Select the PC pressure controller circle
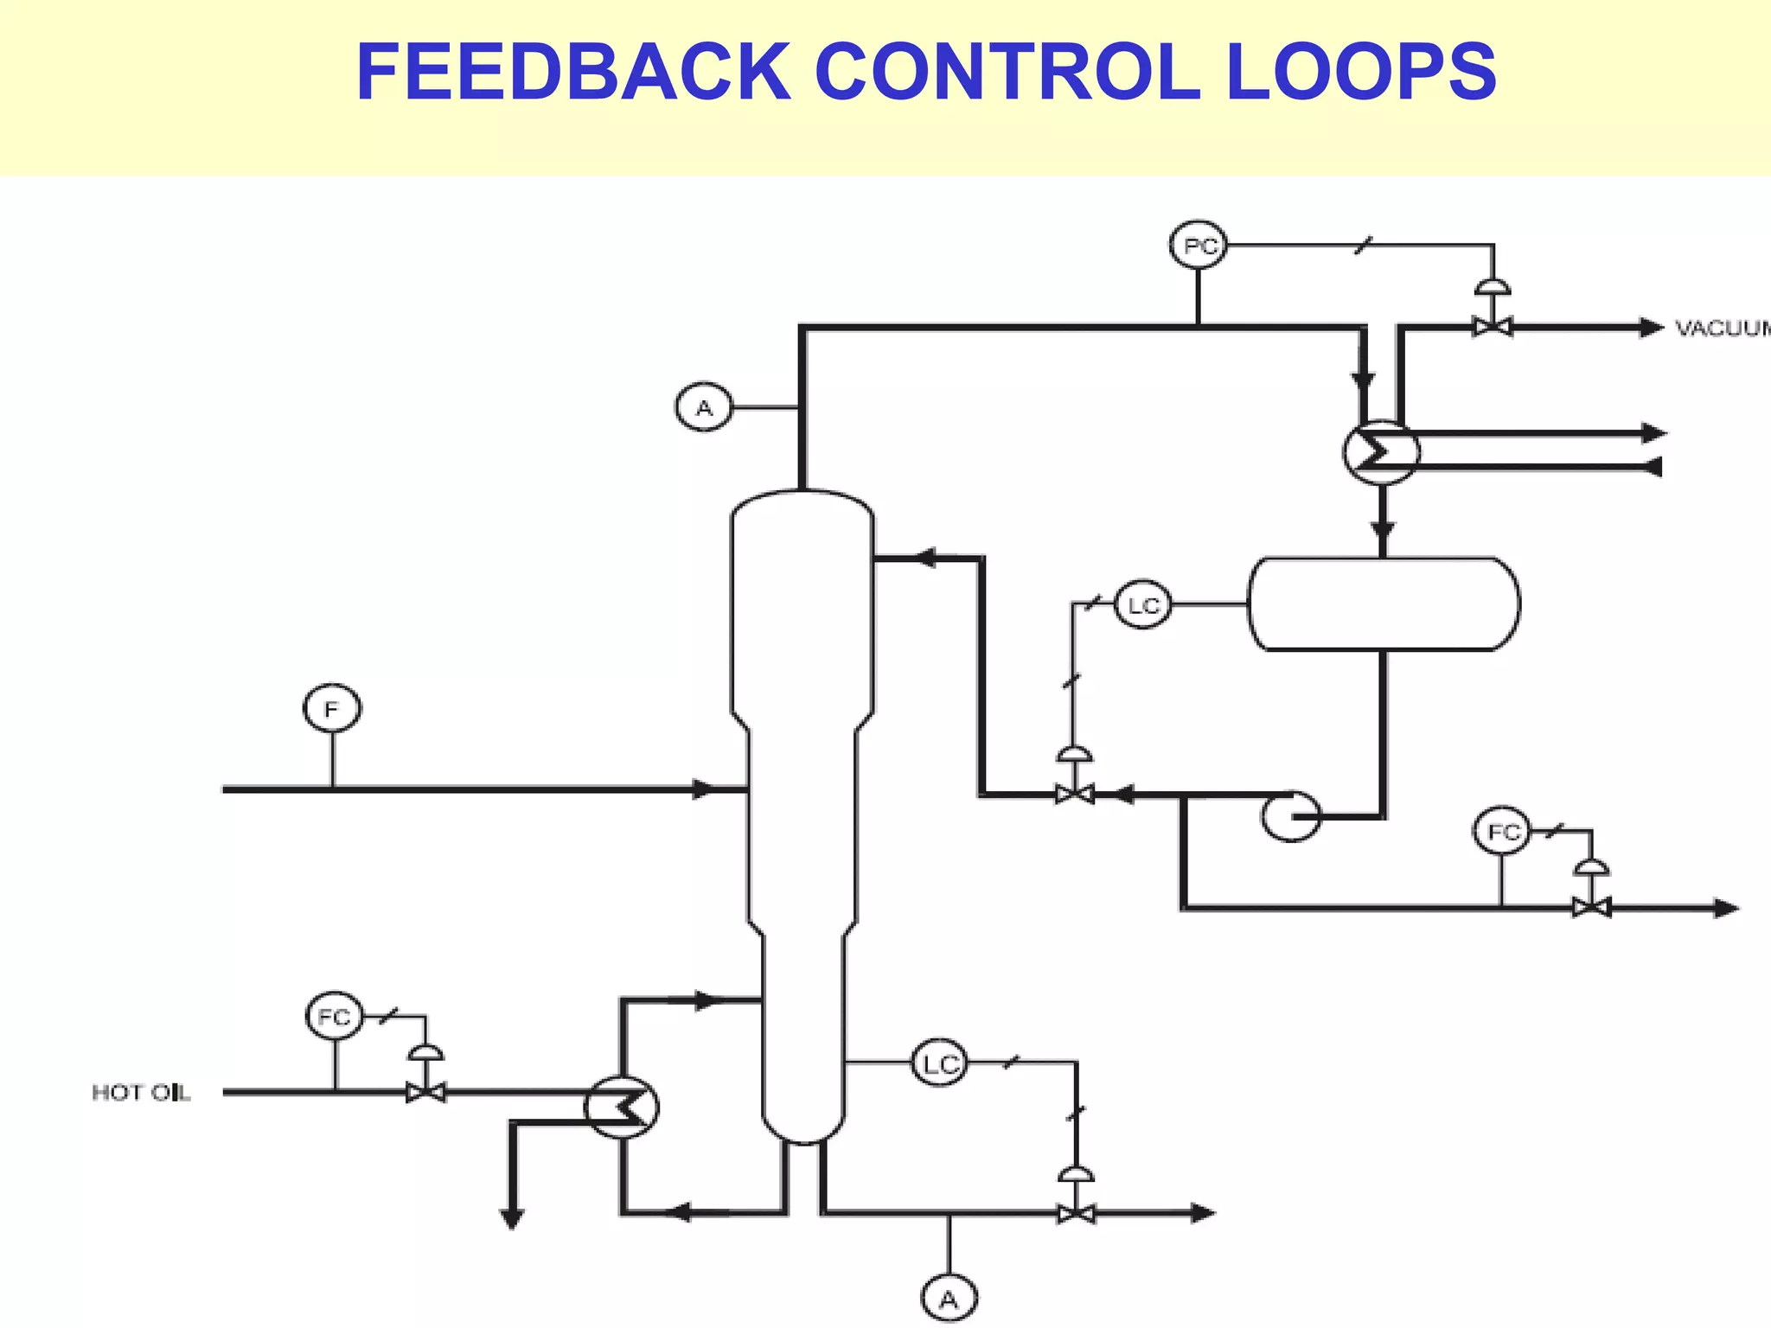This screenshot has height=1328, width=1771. coord(1199,246)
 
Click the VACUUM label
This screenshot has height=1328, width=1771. coord(1722,329)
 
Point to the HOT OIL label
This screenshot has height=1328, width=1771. coord(141,1093)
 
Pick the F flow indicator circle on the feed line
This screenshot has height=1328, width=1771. coord(332,709)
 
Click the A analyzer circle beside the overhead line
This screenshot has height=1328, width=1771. coord(704,406)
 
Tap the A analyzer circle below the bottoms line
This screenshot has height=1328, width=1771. coord(949,1299)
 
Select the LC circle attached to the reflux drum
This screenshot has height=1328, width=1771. coord(1142,605)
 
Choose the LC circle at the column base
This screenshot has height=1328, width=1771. coord(940,1063)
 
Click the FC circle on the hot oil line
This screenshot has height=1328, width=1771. coord(335,1016)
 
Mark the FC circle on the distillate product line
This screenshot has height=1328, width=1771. coord(1502,831)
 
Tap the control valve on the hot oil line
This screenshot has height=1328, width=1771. coord(425,1093)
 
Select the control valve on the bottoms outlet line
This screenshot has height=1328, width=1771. coord(1077,1213)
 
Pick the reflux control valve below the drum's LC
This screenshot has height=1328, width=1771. coord(1074,793)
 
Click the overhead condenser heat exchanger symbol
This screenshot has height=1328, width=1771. coord(1381,451)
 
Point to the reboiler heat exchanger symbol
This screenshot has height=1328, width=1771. coord(621,1107)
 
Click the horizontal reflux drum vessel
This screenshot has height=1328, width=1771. coord(1384,603)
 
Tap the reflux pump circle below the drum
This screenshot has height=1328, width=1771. coord(1290,815)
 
